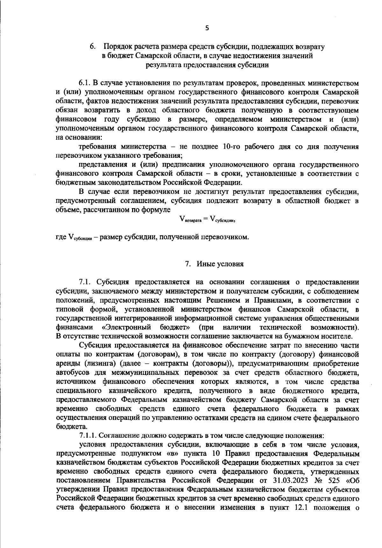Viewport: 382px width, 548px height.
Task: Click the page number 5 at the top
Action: [x=207, y=28]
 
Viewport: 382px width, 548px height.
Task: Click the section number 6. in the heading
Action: [x=93, y=47]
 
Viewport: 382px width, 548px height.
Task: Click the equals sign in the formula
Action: [x=205, y=219]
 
